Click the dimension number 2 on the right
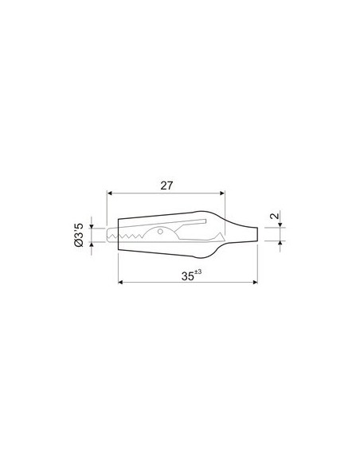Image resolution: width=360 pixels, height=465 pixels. [272, 217]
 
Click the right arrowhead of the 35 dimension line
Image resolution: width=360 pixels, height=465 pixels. [254, 283]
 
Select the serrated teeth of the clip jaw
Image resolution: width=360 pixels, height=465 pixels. [128, 236]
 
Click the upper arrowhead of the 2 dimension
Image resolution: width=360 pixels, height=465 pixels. [279, 226]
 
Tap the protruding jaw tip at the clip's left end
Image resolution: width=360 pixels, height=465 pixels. [100, 234]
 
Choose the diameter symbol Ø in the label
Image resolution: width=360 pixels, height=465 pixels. [80, 247]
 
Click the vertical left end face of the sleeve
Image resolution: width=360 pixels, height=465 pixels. [119, 234]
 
